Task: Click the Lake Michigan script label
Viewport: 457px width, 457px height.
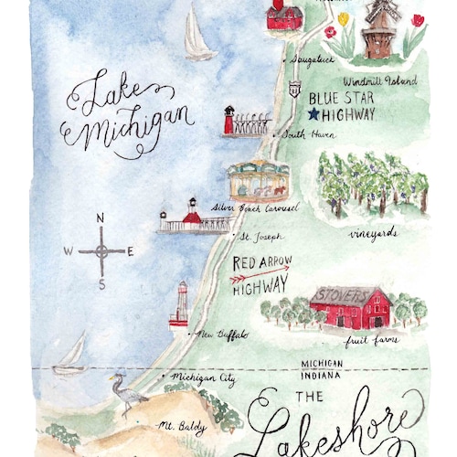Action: pos(128,113)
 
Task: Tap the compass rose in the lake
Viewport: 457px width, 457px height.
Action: pos(101,250)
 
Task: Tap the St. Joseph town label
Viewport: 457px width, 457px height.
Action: pos(260,238)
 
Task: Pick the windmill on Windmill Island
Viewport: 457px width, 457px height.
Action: pos(377,27)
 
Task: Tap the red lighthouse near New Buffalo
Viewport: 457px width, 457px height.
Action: pos(180,305)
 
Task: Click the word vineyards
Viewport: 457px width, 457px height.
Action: pos(374,233)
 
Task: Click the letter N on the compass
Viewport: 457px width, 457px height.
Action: pos(101,218)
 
